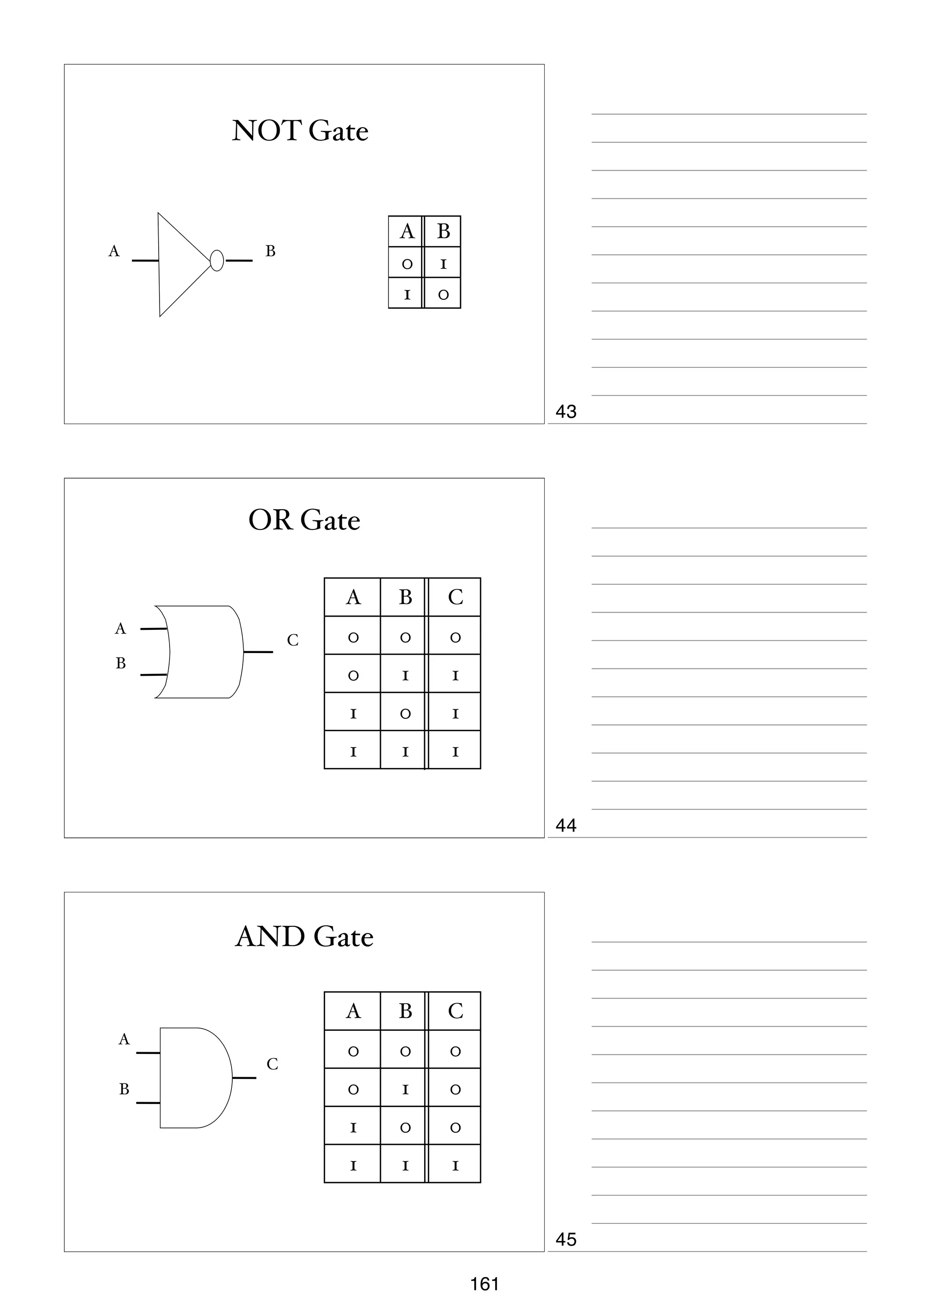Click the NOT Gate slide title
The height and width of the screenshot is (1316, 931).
[x=300, y=131]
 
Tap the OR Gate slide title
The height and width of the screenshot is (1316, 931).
[x=304, y=520]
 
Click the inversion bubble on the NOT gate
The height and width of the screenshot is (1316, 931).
[x=216, y=261]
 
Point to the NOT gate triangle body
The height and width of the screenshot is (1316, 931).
[x=178, y=264]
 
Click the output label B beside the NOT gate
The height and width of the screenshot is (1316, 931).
[x=270, y=251]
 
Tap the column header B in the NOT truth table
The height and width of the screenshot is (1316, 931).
[x=443, y=232]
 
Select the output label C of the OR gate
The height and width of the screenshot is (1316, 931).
[x=293, y=640]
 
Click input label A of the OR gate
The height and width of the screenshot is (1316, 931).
[x=120, y=629]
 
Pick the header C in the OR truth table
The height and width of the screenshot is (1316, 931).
[x=455, y=597]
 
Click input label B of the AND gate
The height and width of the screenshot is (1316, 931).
[x=124, y=1089]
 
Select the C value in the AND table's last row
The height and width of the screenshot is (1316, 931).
[x=455, y=1165]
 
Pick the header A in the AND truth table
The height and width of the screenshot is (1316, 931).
[x=353, y=1011]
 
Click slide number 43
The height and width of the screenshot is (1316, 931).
[x=566, y=411]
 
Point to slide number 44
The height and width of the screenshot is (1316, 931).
[x=566, y=826]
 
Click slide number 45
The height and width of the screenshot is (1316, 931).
[x=566, y=1240]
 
